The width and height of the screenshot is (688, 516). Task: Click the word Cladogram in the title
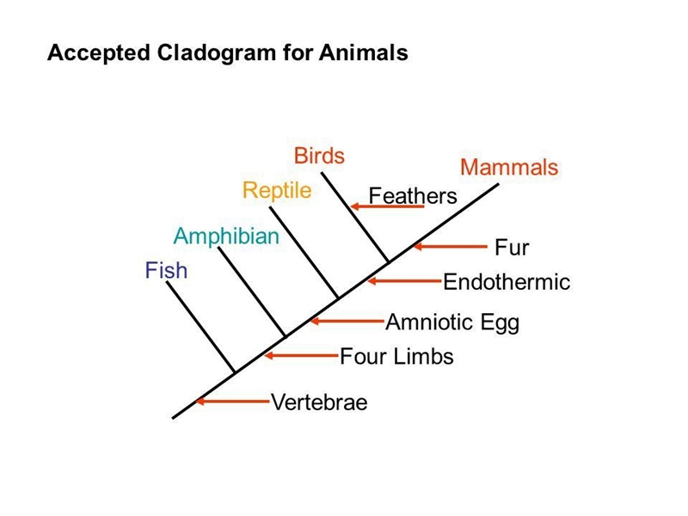[217, 52]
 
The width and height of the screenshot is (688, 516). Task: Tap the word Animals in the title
[364, 52]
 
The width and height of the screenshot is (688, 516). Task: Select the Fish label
[166, 270]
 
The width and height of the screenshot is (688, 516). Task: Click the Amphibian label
[226, 236]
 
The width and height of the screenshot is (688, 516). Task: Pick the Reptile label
[277, 190]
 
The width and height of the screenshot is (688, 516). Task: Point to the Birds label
[319, 156]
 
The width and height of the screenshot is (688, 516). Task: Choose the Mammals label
[509, 167]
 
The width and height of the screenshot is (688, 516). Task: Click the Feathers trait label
[413, 196]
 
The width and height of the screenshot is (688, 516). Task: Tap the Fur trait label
[512, 248]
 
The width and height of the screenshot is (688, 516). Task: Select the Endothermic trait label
[507, 282]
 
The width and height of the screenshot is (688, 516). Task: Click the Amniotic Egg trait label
[452, 322]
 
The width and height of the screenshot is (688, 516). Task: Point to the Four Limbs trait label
[396, 356]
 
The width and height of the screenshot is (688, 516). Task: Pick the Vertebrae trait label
[319, 402]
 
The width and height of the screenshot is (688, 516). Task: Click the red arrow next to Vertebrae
[232, 401]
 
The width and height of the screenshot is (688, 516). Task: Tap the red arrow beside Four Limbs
[302, 355]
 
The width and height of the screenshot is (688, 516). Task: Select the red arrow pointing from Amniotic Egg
[347, 321]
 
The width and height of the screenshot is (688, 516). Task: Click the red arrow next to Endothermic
[404, 281]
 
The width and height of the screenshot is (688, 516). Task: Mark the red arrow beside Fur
[451, 247]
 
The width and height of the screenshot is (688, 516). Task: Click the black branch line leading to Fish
[200, 328]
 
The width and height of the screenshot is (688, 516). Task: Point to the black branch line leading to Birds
[355, 218]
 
